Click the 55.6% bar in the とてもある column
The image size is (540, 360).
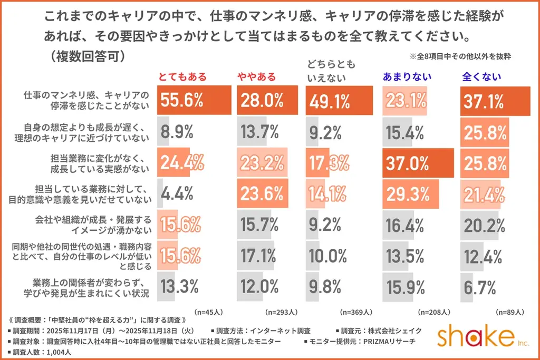click(195, 100)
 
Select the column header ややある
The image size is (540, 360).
click(256, 77)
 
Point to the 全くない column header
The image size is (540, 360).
click(481, 77)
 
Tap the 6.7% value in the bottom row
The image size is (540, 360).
click(480, 287)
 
